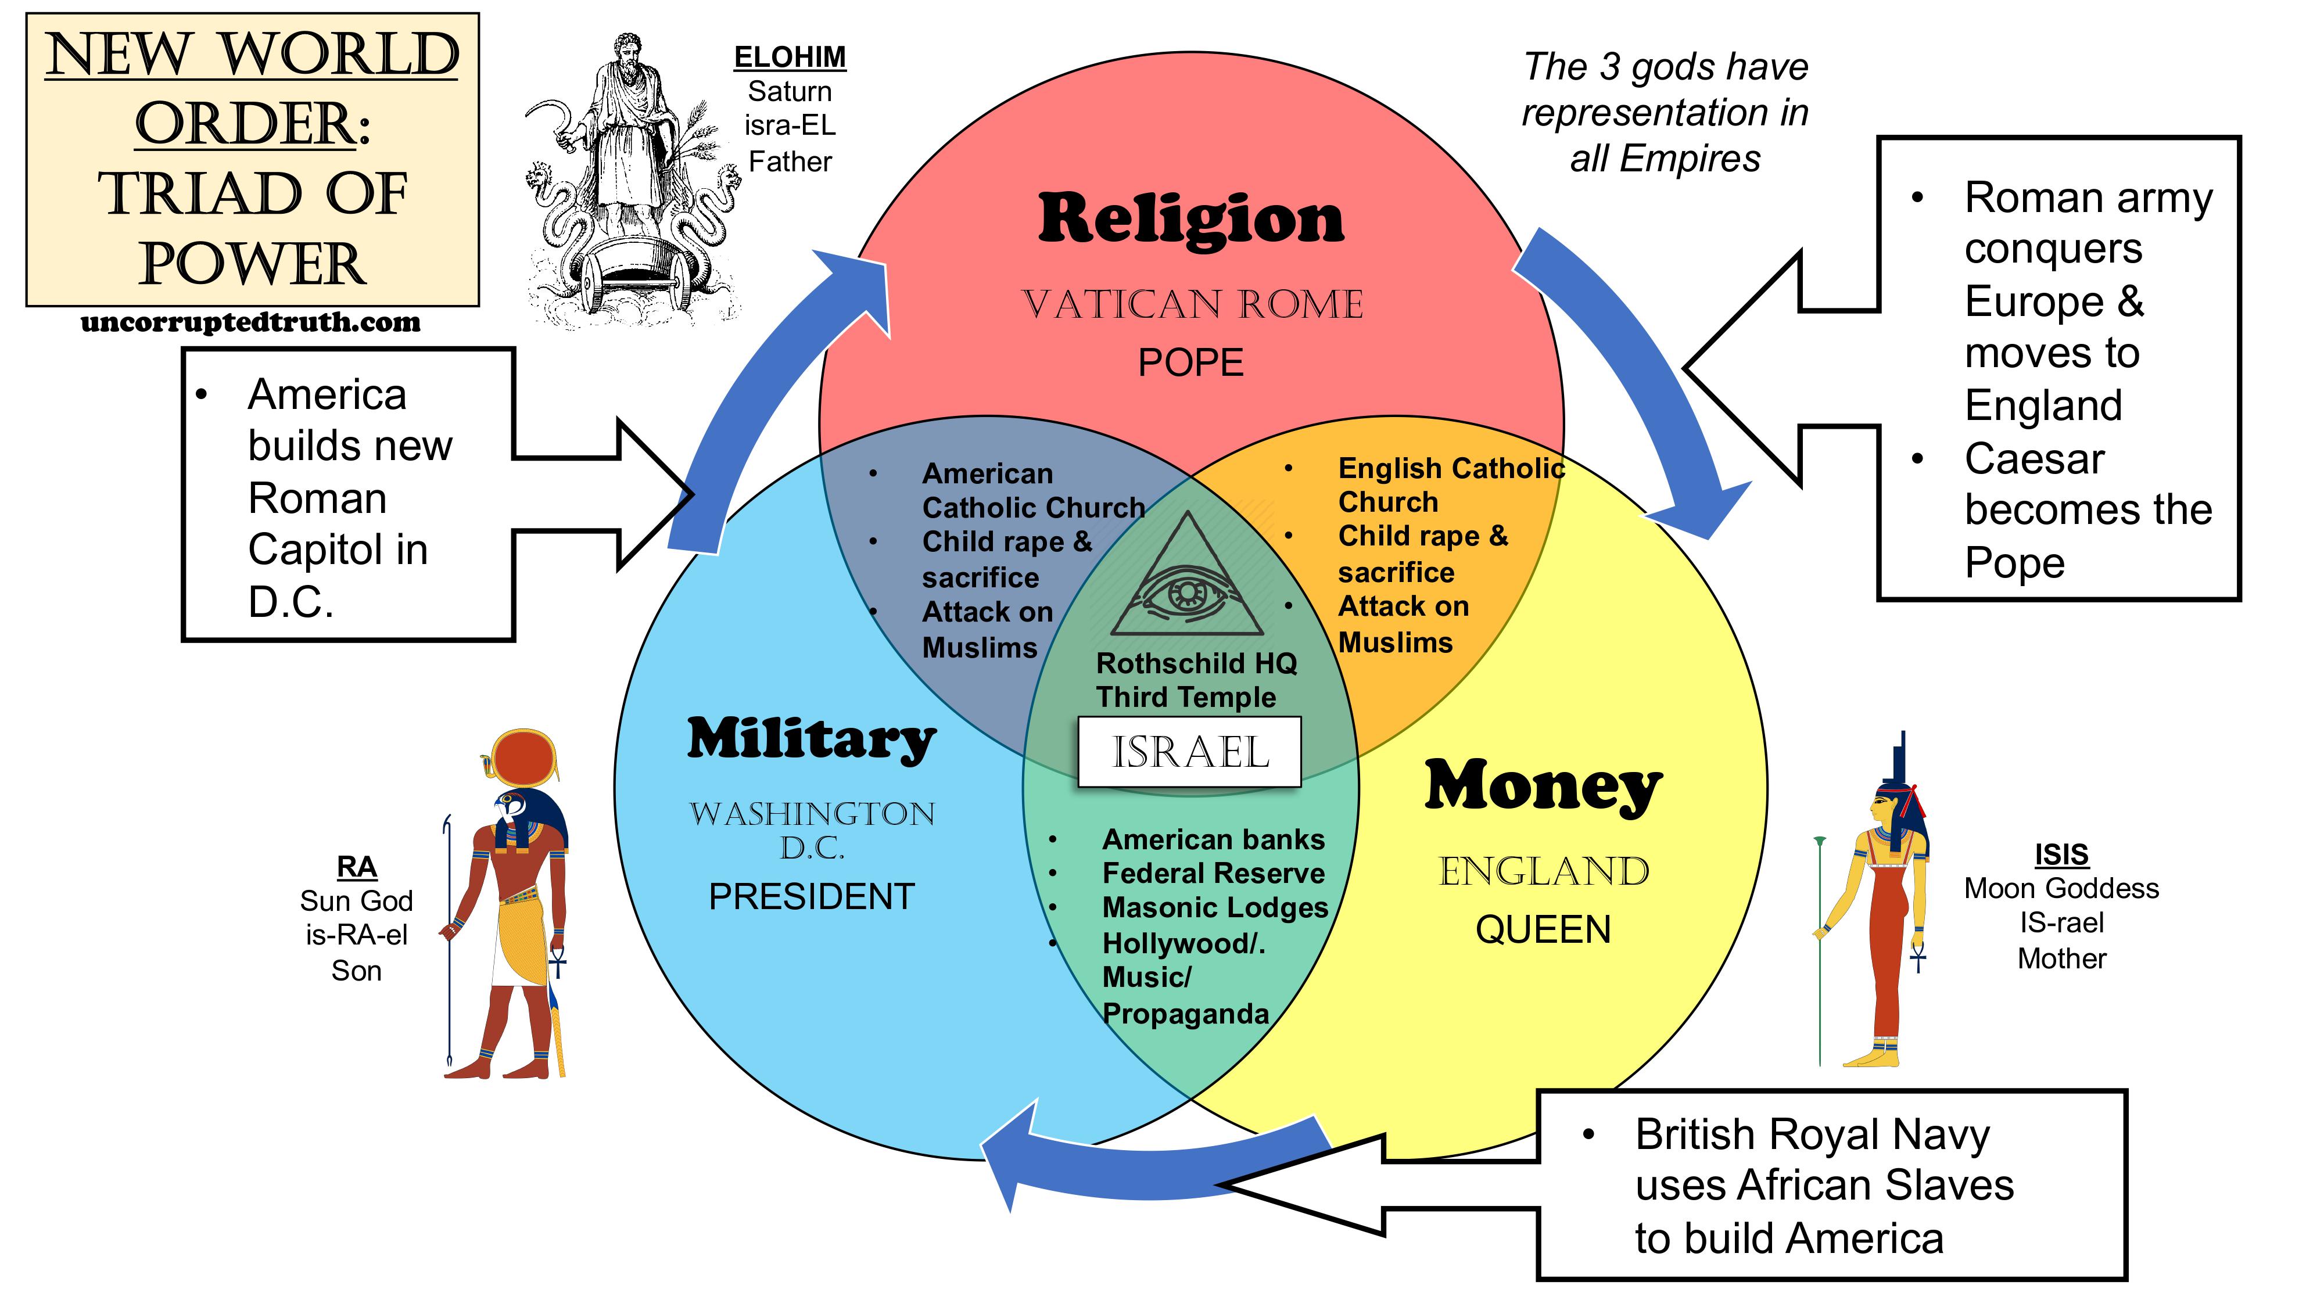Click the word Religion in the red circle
click(x=1191, y=219)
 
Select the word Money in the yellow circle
click(x=1543, y=787)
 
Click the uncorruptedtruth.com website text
click(x=251, y=322)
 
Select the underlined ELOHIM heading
click(x=790, y=57)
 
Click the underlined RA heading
click(x=356, y=867)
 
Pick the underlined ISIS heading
click(x=2061, y=853)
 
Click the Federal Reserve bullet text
click(x=1214, y=873)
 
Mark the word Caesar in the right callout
click(x=2035, y=459)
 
